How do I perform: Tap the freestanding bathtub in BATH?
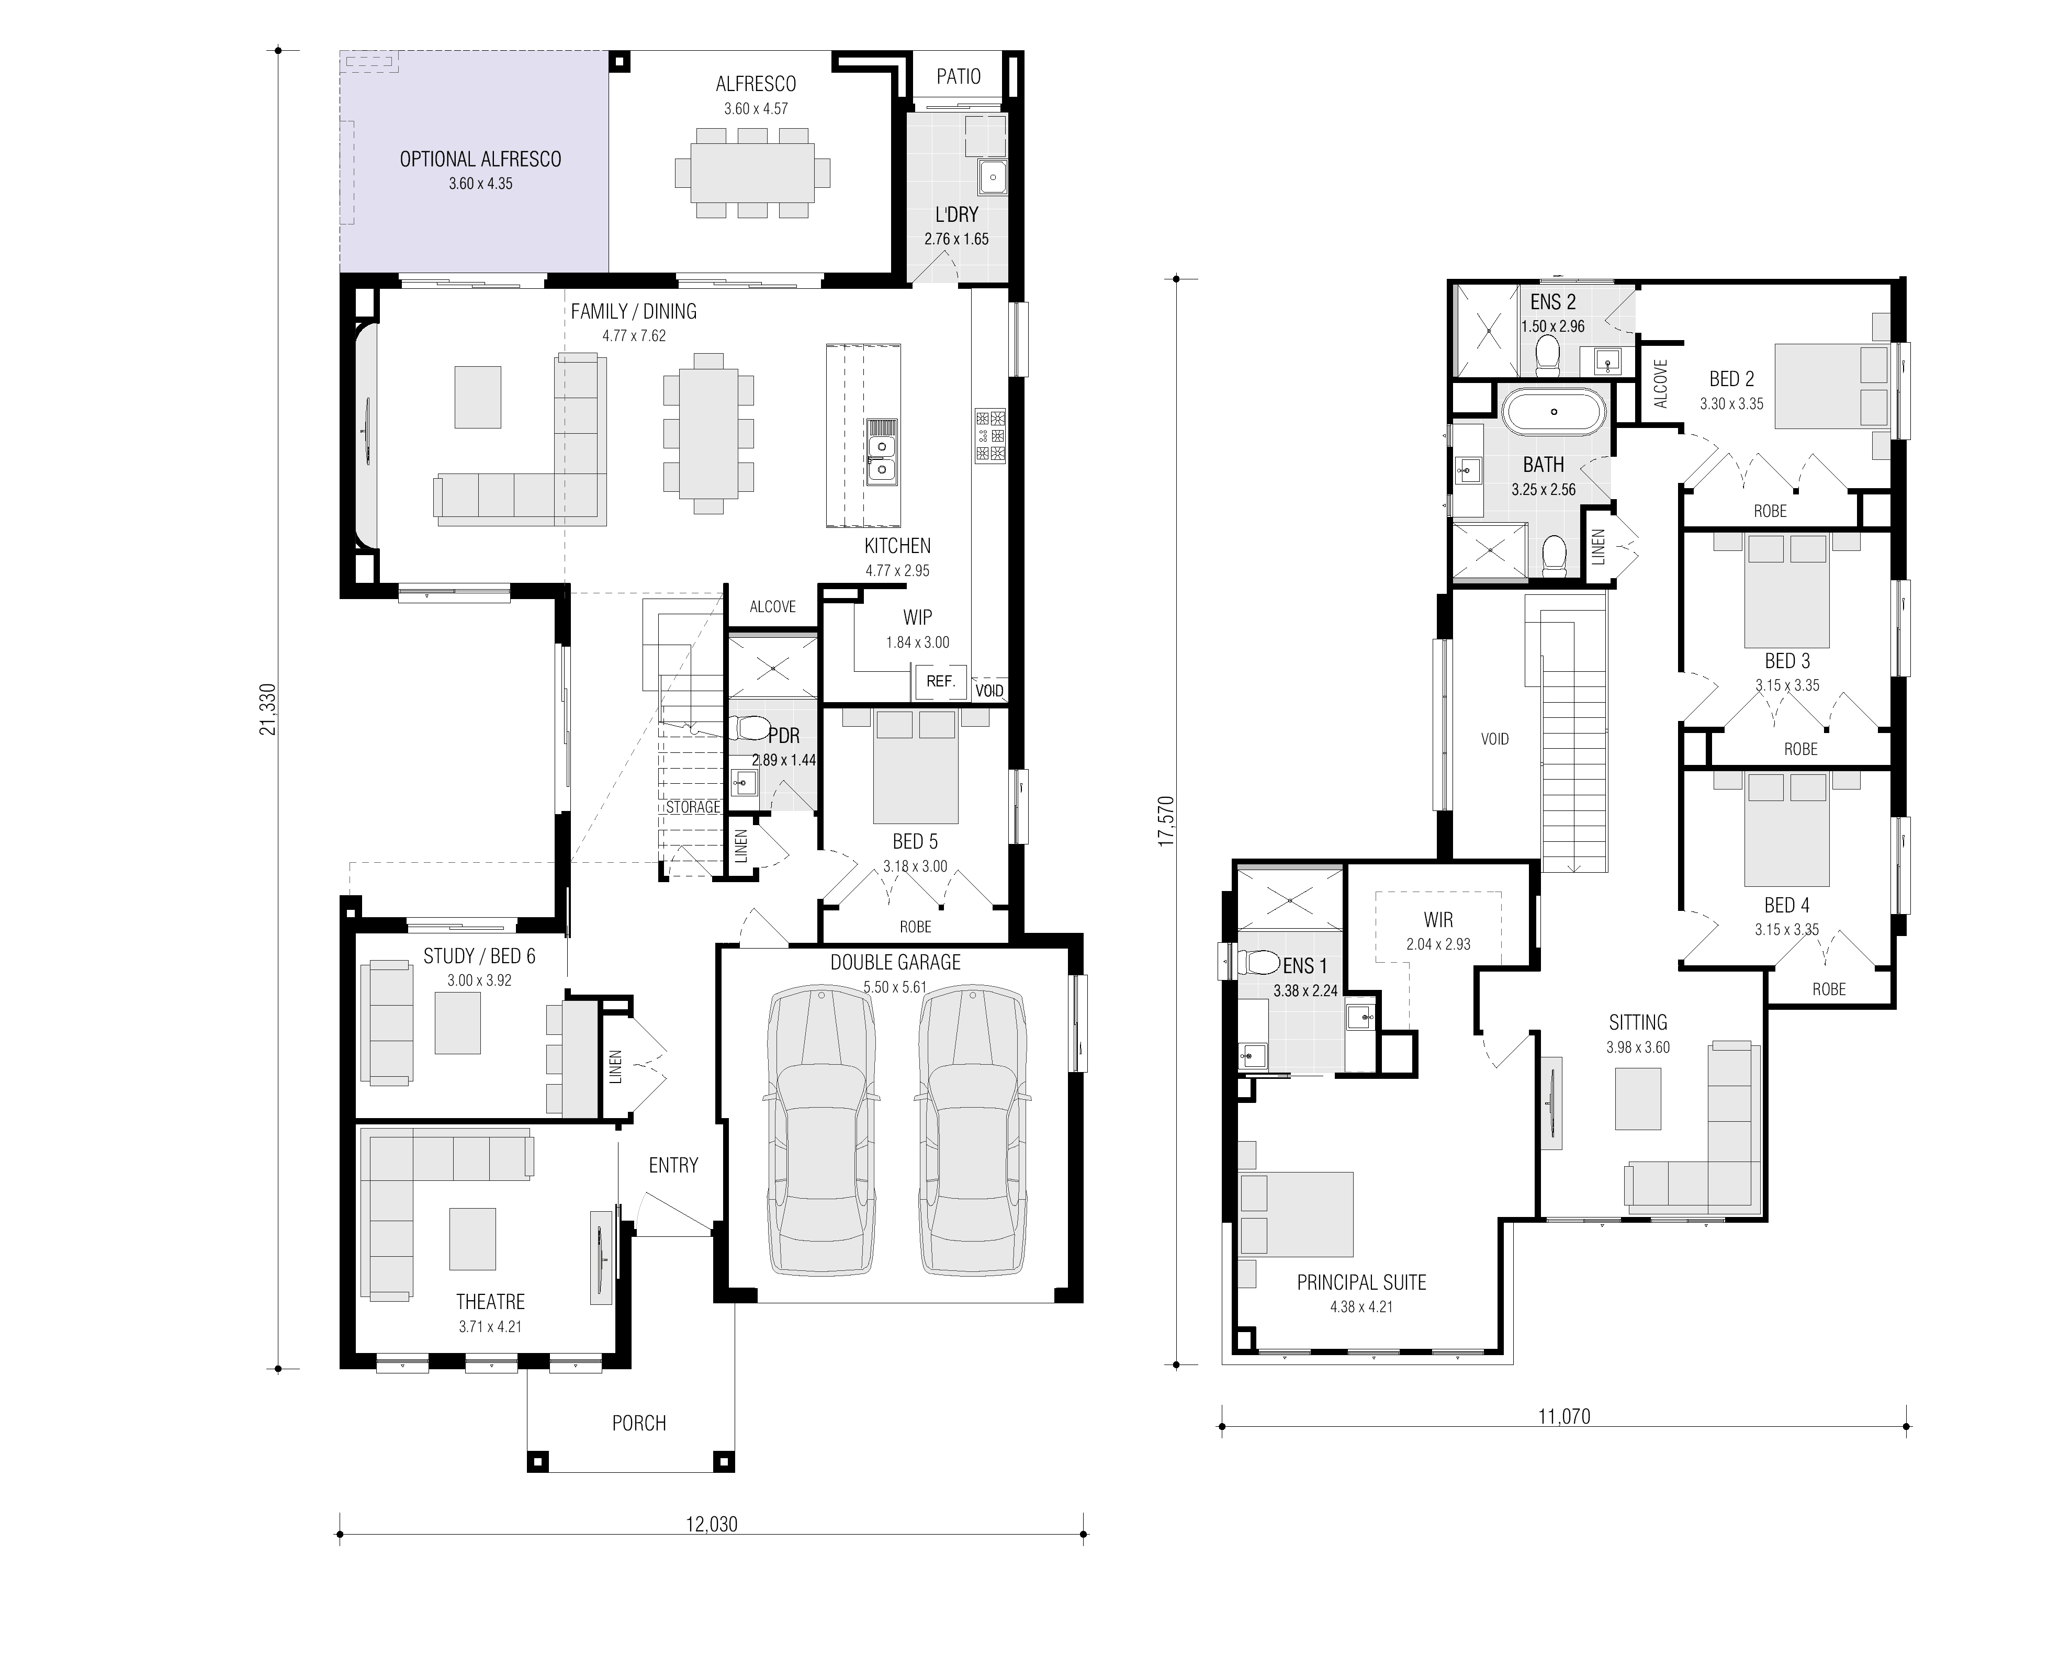click(x=1553, y=412)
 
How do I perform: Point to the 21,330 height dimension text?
click(x=268, y=709)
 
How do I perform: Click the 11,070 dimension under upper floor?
click(x=1564, y=1416)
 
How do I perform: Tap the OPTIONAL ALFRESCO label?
click(x=480, y=160)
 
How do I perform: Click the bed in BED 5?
click(x=916, y=769)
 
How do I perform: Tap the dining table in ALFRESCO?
click(x=752, y=173)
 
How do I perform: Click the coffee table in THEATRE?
click(x=472, y=1239)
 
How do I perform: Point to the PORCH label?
click(x=639, y=1423)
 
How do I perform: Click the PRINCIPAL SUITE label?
click(x=1361, y=1282)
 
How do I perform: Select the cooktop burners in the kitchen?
click(x=991, y=436)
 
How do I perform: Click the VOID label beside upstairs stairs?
click(x=1495, y=739)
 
